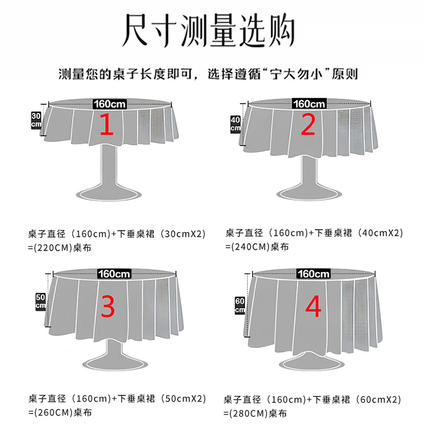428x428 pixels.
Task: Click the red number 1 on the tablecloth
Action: (106, 125)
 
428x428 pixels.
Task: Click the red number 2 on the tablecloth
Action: (308, 125)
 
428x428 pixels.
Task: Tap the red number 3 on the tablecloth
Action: (108, 307)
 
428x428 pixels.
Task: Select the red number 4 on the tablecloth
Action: (313, 306)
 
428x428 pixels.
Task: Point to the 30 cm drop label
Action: (36, 120)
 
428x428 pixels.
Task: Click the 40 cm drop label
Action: (235, 124)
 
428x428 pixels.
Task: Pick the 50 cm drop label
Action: (41, 302)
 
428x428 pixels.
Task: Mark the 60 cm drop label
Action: (240, 305)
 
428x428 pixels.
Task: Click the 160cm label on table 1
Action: (110, 104)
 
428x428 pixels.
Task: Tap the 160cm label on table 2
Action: (309, 104)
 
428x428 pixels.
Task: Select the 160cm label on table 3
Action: (114, 274)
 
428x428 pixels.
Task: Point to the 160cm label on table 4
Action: (314, 274)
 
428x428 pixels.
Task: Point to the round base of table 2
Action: (309, 194)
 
